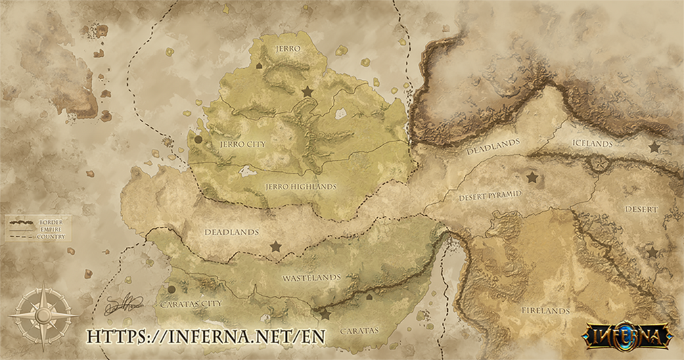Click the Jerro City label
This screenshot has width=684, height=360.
[x=242, y=144]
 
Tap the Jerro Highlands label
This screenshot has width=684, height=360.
[x=300, y=186]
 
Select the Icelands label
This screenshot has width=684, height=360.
[x=592, y=143]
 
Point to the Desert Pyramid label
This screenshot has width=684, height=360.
[x=490, y=195]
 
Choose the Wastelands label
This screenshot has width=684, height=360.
[x=311, y=277]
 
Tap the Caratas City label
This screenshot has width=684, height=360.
[x=191, y=305]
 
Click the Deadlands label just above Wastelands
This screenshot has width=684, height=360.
[x=231, y=232]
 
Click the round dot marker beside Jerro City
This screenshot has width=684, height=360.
[x=198, y=139]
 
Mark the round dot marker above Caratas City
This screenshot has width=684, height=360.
[x=172, y=290]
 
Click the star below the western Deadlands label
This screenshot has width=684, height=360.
[x=275, y=246]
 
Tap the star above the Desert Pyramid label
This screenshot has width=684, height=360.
[x=532, y=177]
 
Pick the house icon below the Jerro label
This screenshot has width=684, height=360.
[x=260, y=66]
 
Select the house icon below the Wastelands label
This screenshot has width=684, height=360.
[x=369, y=296]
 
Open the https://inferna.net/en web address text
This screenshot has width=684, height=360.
[x=206, y=336]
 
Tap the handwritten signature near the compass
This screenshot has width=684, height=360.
[x=124, y=303]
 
